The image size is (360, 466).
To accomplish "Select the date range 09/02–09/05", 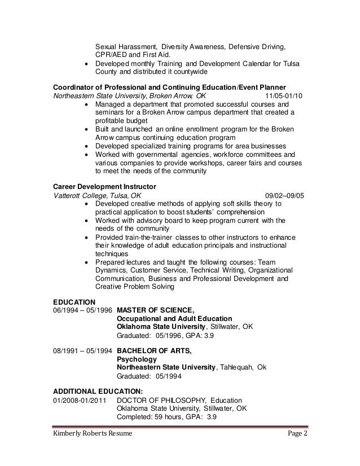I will click(284, 195).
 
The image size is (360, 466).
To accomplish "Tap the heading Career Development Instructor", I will click(104, 186).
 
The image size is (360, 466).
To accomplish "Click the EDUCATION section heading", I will click(74, 301).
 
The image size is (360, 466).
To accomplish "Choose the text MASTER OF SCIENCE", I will click(155, 310).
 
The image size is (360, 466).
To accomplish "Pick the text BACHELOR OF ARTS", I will click(153, 351).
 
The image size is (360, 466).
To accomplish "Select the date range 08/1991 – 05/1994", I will click(82, 351).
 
